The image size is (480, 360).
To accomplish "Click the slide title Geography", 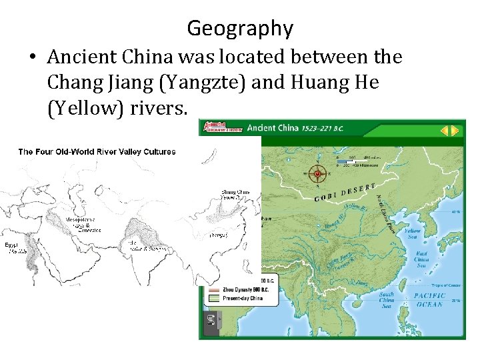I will pyautogui.click(x=240, y=29).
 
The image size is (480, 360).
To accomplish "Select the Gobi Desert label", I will pyautogui.click(x=349, y=191).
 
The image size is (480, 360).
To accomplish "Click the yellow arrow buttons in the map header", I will pyautogui.click(x=450, y=131).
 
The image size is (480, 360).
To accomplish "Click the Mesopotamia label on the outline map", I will pyautogui.click(x=83, y=224).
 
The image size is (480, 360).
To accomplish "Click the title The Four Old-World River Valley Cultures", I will pyautogui.click(x=97, y=151).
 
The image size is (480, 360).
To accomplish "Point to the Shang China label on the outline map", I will pyautogui.click(x=235, y=195).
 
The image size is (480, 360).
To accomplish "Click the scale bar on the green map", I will pyautogui.click(x=357, y=161).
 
